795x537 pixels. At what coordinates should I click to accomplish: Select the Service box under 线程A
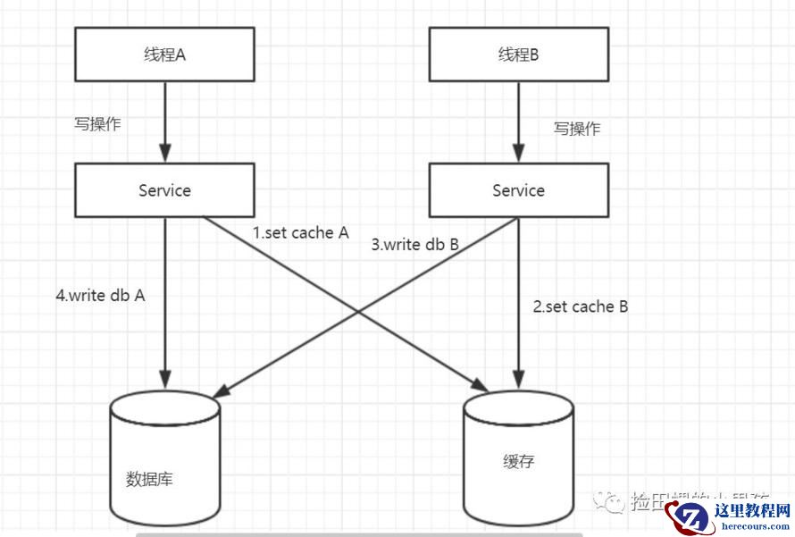pos(164,190)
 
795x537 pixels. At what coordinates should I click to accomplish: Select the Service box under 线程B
pos(518,190)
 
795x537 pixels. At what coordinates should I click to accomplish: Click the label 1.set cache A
pos(300,233)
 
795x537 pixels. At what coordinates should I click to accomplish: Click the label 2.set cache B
pos(581,306)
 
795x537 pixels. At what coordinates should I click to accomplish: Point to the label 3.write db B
pos(415,243)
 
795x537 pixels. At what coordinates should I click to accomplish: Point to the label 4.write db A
pos(100,296)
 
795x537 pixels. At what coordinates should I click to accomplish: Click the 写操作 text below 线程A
pos(96,124)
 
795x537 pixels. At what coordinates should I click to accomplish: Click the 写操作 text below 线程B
pos(577,128)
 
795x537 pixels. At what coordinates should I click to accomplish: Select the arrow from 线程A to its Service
pos(164,121)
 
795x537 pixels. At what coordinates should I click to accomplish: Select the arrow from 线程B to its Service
pos(518,121)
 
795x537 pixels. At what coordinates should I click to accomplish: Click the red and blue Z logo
pos(690,516)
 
